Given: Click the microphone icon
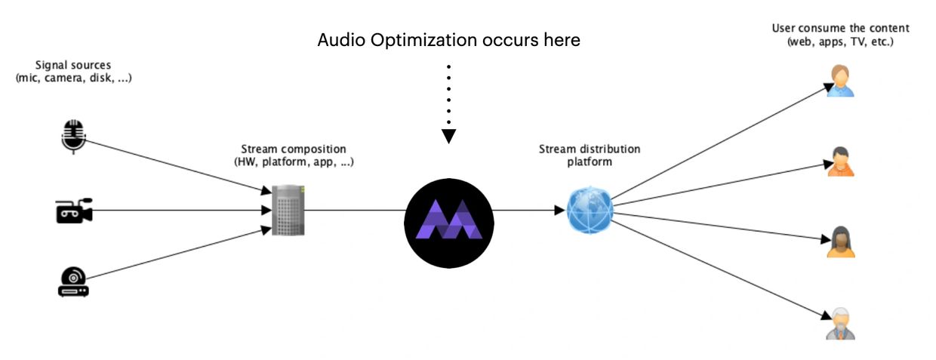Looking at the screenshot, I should [72, 136].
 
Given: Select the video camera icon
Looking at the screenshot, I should [73, 211].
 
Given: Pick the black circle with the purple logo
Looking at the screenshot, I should [449, 223].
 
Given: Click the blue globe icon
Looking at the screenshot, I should [589, 210].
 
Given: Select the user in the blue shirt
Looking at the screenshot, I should [840, 81].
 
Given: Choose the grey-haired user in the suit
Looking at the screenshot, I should [840, 324].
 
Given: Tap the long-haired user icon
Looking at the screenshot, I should [840, 242].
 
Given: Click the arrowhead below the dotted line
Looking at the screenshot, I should [449, 136].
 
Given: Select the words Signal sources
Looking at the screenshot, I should [73, 66].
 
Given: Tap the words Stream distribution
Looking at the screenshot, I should [589, 149].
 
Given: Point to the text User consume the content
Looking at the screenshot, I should [840, 29].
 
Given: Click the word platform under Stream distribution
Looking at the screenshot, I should [589, 161].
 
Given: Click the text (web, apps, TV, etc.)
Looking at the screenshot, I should [840, 42].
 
